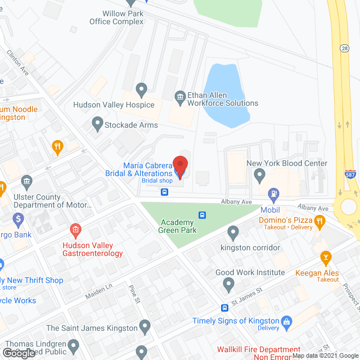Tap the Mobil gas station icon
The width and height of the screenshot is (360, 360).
tap(274, 196)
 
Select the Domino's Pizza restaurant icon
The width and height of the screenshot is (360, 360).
tap(319, 223)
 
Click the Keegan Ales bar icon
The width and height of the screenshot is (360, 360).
tap(325, 258)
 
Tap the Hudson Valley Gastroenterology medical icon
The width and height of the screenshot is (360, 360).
tap(75, 230)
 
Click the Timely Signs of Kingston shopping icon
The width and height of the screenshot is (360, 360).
tap(287, 321)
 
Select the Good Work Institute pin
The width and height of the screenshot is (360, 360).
tap(228, 285)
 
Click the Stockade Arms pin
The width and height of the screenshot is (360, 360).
tap(97, 124)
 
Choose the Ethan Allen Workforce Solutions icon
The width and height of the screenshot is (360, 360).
tap(180, 97)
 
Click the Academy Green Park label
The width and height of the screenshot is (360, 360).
tap(177, 226)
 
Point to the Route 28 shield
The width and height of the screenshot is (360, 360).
tap(344, 49)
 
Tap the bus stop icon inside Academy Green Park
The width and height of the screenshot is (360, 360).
tap(202, 215)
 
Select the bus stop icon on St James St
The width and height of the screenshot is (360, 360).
tap(224, 308)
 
